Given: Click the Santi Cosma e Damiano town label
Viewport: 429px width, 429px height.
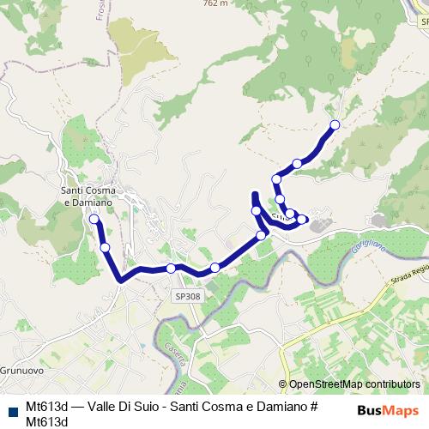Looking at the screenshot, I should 88,196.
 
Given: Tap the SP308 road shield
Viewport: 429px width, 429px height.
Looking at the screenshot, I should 187,296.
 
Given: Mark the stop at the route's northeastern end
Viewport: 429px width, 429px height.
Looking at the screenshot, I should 335,125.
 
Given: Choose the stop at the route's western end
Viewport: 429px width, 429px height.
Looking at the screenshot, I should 94,219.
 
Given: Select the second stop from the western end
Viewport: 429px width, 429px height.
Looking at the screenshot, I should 106,248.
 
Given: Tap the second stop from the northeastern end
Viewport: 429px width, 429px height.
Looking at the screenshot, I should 297,163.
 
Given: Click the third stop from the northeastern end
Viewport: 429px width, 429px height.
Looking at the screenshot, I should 276,179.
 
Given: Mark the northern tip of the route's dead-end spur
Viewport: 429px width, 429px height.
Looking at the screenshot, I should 254,194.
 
